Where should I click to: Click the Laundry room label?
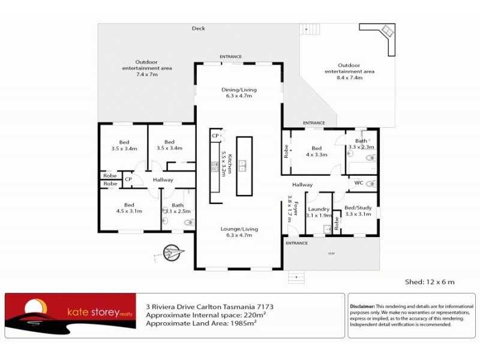[x=318, y=212]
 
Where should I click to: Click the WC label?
[x=358, y=182]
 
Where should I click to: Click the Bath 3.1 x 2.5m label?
[x=178, y=208]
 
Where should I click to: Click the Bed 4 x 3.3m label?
[x=316, y=151]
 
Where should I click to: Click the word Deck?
[x=198, y=28]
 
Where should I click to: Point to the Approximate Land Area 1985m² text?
[x=201, y=323]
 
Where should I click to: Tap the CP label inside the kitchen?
[x=215, y=137]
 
